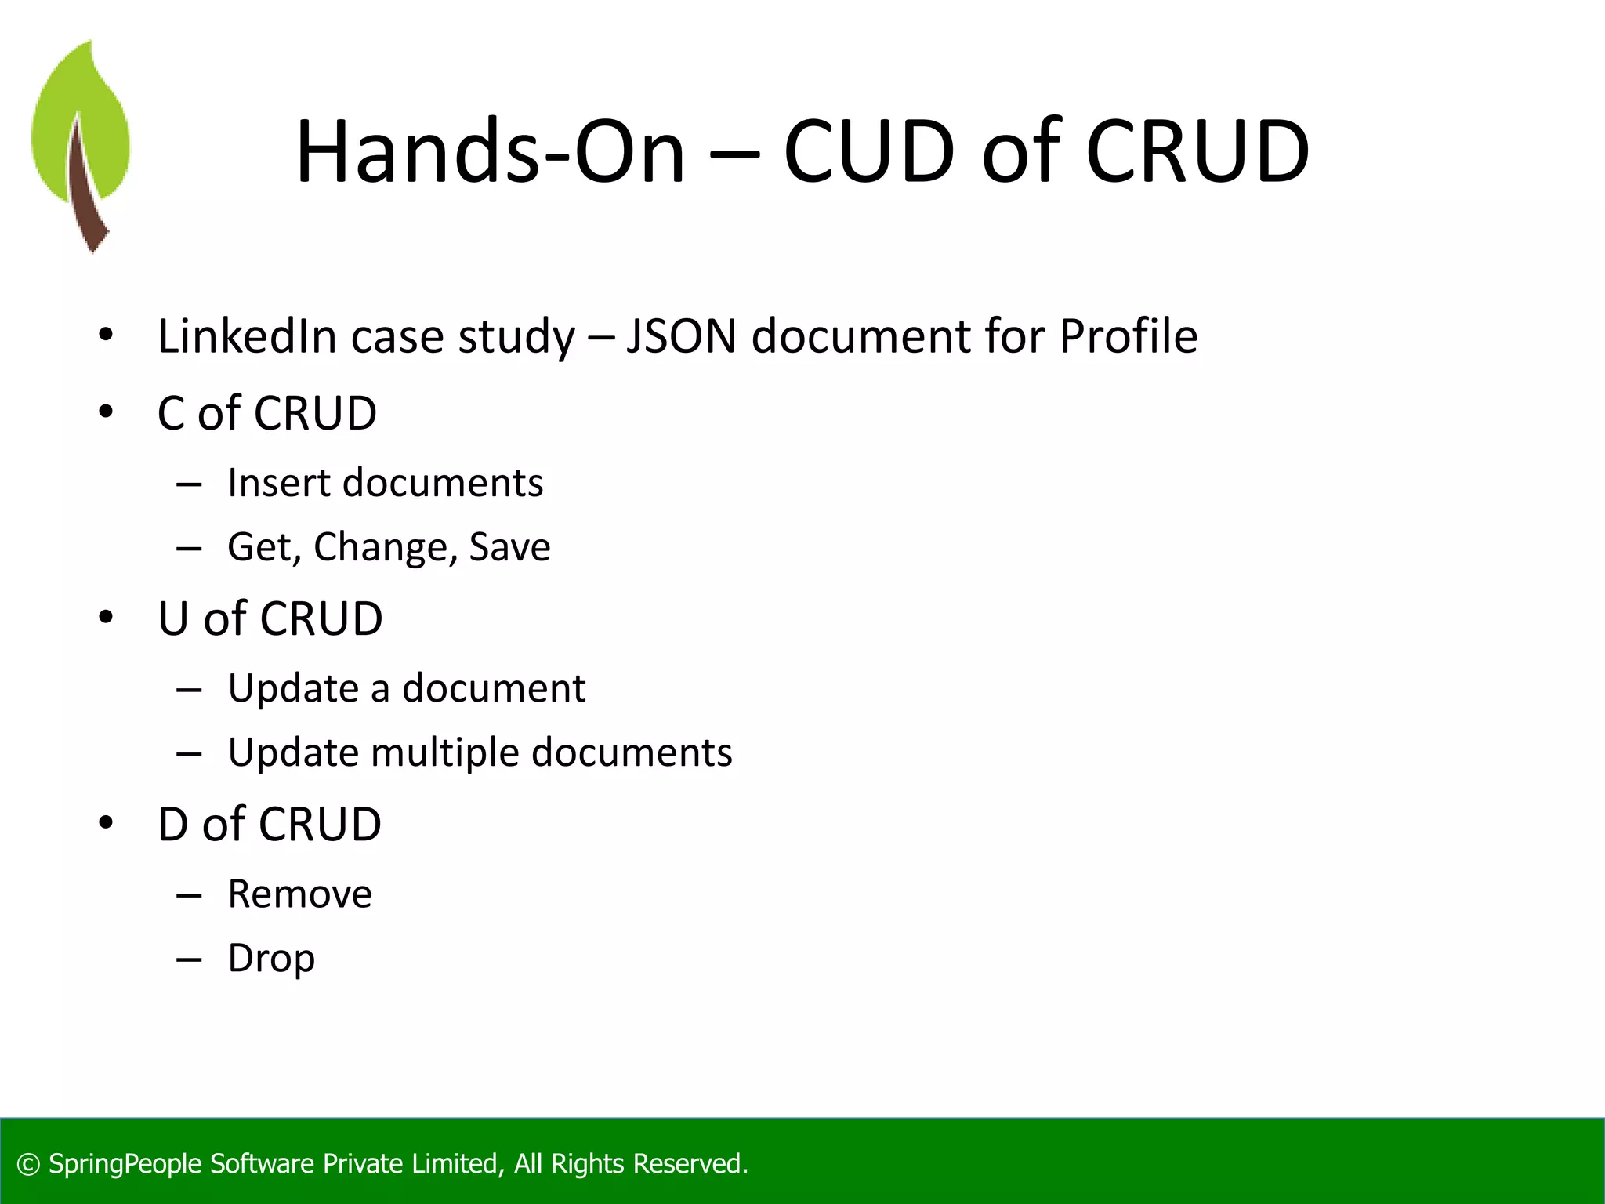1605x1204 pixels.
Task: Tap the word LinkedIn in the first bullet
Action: tap(247, 336)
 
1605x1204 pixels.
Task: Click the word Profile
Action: tap(1129, 336)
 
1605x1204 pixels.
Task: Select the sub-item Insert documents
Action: tap(385, 483)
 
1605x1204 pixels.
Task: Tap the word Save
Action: tap(509, 547)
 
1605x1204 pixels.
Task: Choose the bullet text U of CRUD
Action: tap(270, 618)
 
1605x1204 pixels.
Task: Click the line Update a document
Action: tap(406, 688)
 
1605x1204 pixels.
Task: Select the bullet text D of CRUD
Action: tap(270, 825)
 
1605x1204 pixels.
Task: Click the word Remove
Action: tap(300, 894)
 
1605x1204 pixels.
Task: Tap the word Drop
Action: tap(271, 959)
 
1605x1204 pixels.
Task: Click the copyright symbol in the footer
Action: tap(28, 1165)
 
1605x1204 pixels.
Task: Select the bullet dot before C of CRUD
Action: tap(106, 412)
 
